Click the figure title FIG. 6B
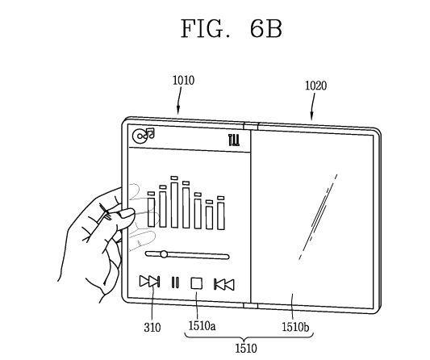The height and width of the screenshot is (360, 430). coord(232,29)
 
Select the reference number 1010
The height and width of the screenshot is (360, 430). coord(183,81)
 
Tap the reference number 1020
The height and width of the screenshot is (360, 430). coord(316,86)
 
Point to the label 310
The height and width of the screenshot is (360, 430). coord(152,328)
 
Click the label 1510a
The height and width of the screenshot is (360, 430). coord(202,326)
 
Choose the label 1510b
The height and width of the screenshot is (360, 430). coord(295,327)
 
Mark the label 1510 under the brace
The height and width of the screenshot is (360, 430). coord(246,349)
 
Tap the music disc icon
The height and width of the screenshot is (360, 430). coord(143,136)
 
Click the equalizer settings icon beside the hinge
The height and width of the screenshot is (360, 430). coord(234,140)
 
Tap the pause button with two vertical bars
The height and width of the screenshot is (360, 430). coord(175,283)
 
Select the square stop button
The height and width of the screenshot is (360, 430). coord(196,283)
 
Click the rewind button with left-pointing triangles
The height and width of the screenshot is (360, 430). coord(224,285)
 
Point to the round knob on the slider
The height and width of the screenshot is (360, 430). coord(164,254)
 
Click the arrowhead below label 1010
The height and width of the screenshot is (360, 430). coord(178,111)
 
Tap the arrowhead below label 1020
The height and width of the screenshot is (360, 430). coord(311,116)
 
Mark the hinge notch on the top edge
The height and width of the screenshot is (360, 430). coord(251,126)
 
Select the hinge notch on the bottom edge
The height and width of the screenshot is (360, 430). coord(250,306)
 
